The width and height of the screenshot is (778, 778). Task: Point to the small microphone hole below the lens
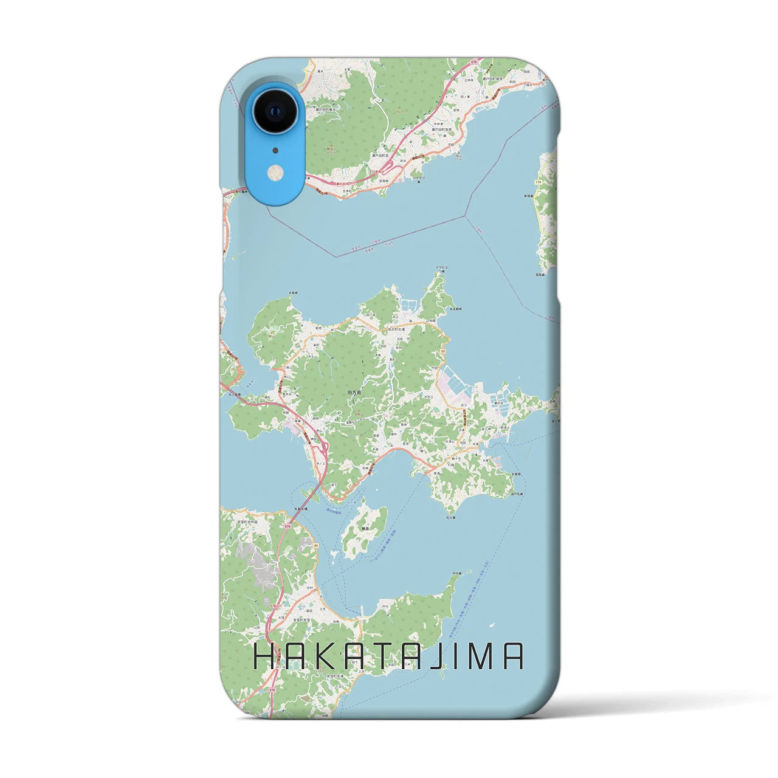[275, 150]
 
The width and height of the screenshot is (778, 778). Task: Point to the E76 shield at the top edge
[475, 62]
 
